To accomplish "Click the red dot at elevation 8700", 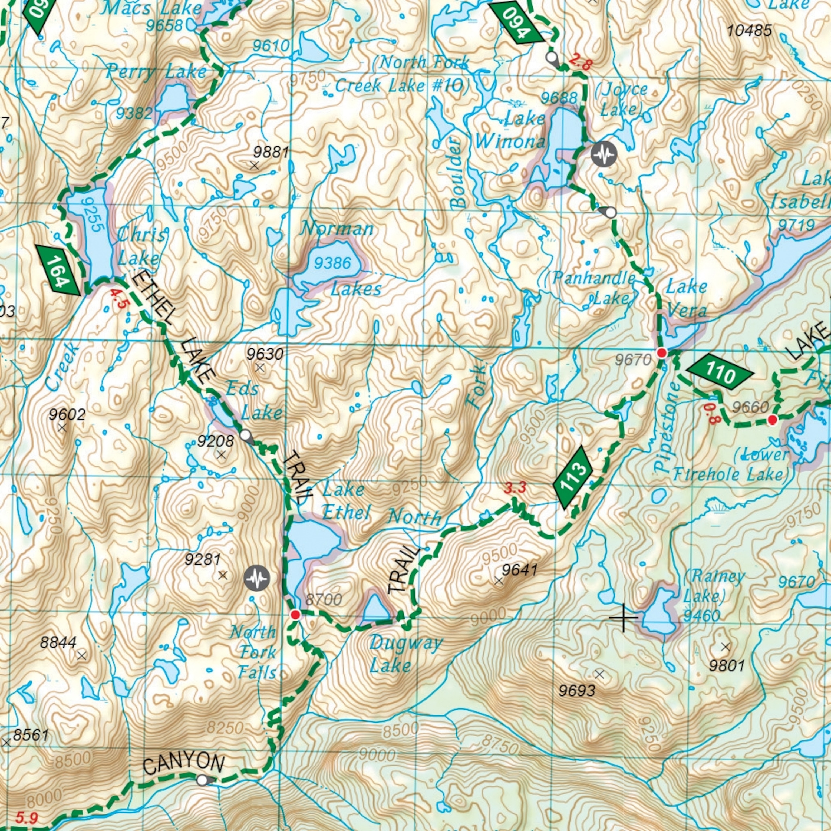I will (295, 615).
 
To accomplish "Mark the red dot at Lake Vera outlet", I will (662, 353).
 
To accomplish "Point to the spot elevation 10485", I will (749, 31).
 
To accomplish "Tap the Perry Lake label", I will (156, 72).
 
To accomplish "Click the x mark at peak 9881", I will (254, 165).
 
